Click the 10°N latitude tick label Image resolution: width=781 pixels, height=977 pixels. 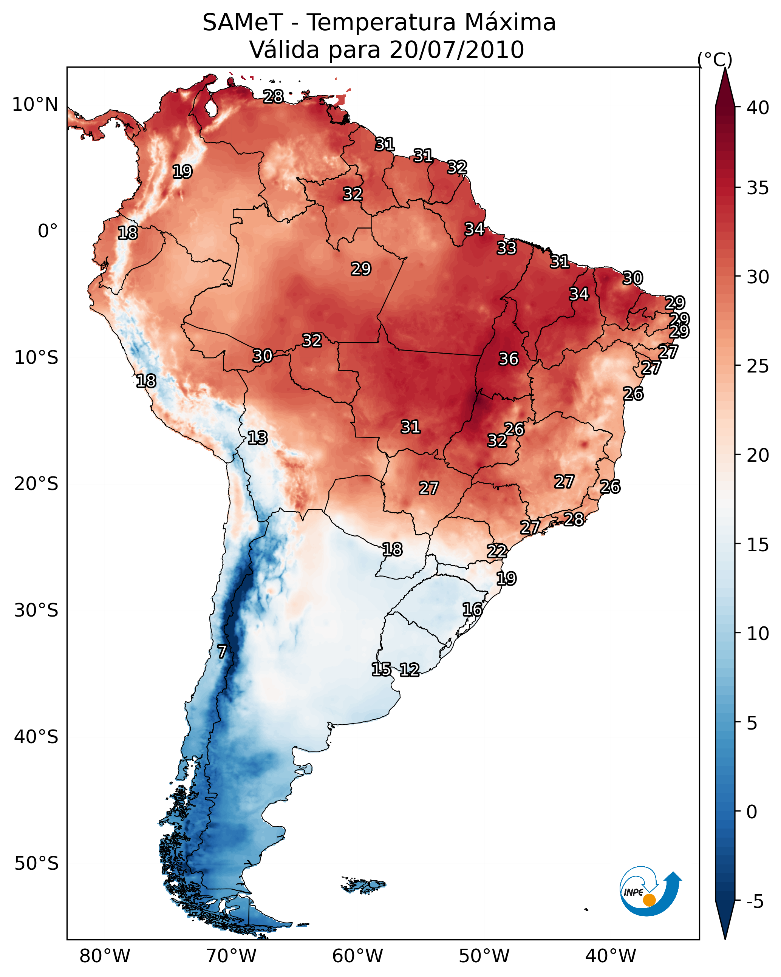(x=35, y=105)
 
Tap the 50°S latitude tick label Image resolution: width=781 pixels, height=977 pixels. (x=36, y=864)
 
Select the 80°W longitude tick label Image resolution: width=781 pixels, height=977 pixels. (x=105, y=956)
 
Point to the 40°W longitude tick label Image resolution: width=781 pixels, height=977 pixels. (x=611, y=956)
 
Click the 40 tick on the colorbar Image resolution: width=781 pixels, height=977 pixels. (x=758, y=108)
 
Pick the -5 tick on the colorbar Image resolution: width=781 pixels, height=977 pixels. (x=755, y=902)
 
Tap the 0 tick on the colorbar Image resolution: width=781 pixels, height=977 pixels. (x=752, y=812)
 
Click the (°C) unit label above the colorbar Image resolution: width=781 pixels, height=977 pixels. (x=715, y=60)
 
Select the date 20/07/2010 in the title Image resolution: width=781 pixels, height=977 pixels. (x=456, y=49)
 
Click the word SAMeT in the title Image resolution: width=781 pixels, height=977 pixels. (x=243, y=23)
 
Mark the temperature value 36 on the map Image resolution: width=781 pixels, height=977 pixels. (x=508, y=359)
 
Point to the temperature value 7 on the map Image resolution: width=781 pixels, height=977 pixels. (x=222, y=652)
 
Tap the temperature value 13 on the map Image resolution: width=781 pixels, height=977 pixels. (x=257, y=438)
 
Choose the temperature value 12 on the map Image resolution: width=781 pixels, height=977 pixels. (x=409, y=670)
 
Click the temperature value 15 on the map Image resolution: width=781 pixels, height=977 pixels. (x=381, y=669)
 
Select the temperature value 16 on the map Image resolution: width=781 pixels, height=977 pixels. (x=472, y=609)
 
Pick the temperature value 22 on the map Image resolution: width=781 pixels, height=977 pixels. (x=497, y=551)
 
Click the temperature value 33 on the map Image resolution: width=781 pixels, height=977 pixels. (x=506, y=248)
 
